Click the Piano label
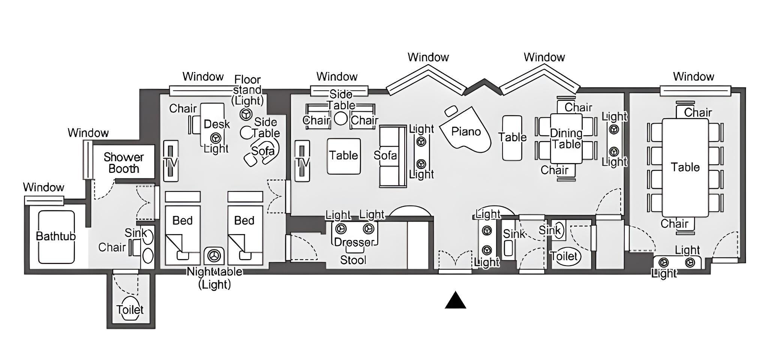466,132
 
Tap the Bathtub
56,237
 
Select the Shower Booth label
124,163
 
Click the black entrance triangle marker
455,300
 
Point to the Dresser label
354,242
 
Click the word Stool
353,260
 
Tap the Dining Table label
566,139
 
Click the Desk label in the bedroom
216,124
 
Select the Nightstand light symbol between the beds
214,255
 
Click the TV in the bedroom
171,161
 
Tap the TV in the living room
302,161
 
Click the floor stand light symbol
246,114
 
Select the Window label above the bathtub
43,187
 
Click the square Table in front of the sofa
344,156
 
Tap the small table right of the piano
512,138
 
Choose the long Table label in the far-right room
685,167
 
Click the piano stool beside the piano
451,111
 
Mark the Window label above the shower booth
88,133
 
